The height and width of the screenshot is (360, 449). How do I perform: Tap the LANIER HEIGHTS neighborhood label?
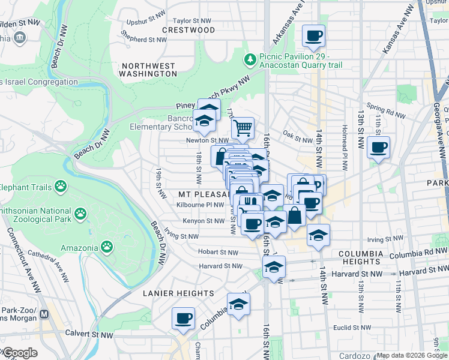[x=178, y=293]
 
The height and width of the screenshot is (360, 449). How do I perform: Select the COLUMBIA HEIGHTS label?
[x=369, y=258]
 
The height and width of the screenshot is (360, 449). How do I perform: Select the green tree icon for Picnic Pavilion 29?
[x=249, y=59]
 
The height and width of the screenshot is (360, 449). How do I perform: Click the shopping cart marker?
[x=243, y=127]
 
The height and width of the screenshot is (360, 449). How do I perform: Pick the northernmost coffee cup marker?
[x=313, y=35]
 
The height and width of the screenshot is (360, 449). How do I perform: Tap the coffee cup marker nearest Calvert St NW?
[x=183, y=317]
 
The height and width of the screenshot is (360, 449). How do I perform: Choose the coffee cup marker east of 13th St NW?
[x=378, y=147]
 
